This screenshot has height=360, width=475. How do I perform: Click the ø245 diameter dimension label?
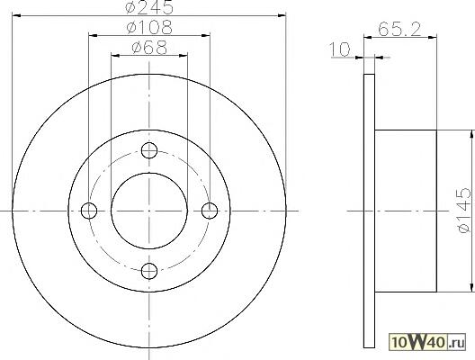tap(149, 7)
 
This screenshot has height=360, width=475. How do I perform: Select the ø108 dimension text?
tap(149, 27)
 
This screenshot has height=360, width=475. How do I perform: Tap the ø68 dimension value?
tap(149, 48)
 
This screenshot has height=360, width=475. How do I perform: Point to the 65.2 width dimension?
tap(399, 30)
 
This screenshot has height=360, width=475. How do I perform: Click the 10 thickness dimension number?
tap(340, 49)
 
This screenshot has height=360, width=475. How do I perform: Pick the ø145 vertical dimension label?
tap(465, 211)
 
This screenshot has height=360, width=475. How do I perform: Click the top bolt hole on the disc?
tap(149, 150)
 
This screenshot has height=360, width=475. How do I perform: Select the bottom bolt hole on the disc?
tap(149, 271)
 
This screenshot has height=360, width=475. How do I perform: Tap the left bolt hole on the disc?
tap(89, 211)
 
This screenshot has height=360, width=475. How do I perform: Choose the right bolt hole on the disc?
tap(210, 211)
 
